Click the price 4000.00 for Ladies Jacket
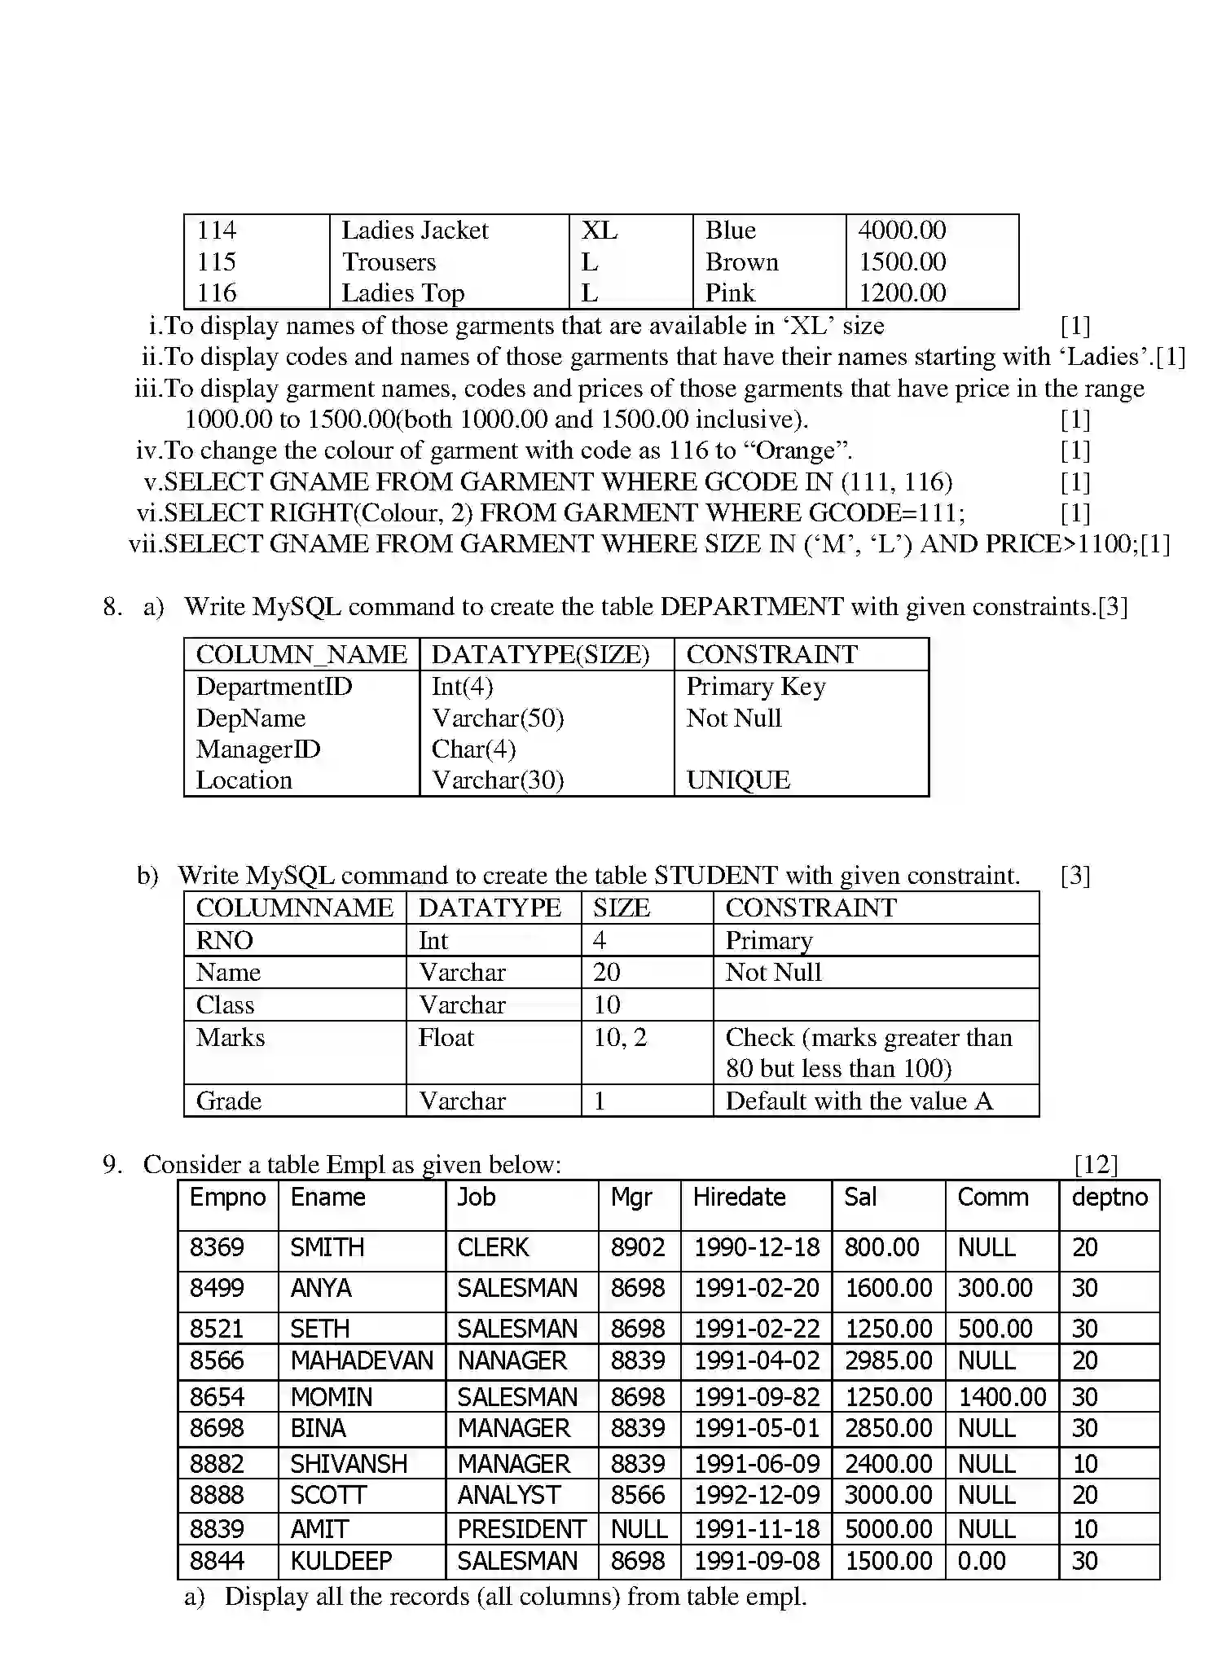click(902, 231)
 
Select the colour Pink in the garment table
click(730, 293)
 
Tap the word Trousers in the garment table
click(389, 262)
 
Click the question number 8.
click(112, 607)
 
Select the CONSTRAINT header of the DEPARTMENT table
click(771, 655)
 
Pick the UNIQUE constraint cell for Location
click(738, 780)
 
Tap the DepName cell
click(251, 719)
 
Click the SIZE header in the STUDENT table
click(622, 908)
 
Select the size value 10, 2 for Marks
click(620, 1038)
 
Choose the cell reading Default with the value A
click(859, 1101)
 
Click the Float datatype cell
click(446, 1038)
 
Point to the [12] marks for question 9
click(1096, 1165)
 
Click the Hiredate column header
click(739, 1198)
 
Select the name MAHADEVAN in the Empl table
click(362, 1361)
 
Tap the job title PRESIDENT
click(521, 1530)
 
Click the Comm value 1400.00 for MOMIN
click(1002, 1398)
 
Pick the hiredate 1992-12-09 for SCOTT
click(757, 1496)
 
